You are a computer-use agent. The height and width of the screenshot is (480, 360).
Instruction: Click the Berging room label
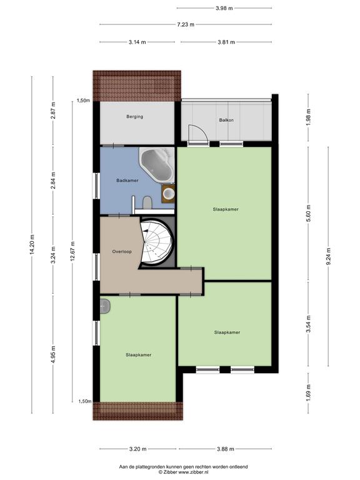135,117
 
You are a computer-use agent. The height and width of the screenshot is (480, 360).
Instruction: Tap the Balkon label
226,120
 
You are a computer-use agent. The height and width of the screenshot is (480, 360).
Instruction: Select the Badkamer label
127,181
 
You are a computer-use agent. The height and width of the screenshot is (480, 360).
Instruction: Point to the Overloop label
122,252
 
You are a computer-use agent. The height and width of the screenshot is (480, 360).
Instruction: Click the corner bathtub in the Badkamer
157,164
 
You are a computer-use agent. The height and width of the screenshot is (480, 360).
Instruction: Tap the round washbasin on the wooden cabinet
168,194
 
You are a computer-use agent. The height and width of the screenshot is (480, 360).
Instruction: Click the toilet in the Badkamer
147,202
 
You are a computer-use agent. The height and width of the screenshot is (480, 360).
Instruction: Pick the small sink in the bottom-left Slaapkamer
105,306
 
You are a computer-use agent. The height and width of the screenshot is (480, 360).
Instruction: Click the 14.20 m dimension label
31,244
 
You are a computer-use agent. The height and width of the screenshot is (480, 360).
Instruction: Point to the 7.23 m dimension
186,24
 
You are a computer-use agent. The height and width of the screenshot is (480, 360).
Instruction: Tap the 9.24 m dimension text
329,256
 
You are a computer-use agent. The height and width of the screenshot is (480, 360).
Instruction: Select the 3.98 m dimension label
224,8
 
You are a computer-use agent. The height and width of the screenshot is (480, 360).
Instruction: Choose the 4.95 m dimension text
53,354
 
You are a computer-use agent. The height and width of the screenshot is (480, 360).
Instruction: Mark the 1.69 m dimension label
308,392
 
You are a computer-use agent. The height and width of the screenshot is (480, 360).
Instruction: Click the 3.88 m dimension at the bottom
225,449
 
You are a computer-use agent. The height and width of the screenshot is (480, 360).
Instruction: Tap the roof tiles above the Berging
137,86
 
